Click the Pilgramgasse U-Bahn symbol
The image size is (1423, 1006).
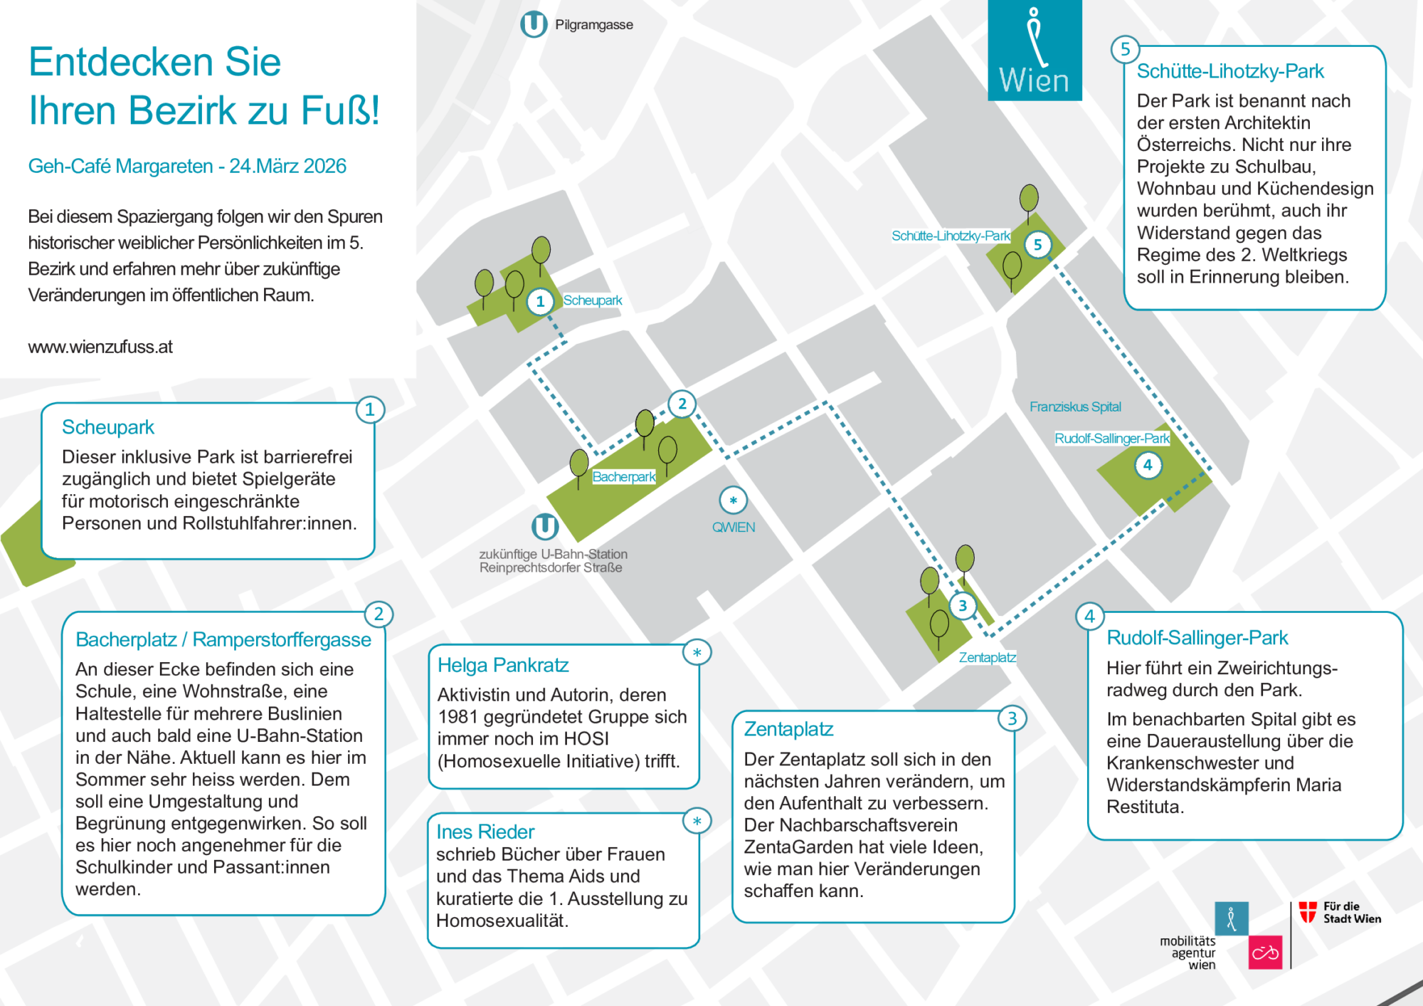click(534, 24)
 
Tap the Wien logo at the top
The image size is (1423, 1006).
click(1035, 51)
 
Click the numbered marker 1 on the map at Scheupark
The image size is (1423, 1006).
click(540, 301)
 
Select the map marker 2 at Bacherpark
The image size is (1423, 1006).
click(682, 404)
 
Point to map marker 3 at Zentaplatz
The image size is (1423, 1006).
click(963, 606)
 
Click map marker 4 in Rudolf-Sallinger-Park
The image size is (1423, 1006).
click(1147, 465)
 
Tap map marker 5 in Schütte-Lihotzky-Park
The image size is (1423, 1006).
click(1037, 245)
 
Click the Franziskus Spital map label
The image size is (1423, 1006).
click(1075, 407)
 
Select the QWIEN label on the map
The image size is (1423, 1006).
click(734, 528)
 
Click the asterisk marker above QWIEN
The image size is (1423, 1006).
click(733, 501)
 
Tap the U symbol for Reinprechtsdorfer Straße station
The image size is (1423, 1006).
click(545, 527)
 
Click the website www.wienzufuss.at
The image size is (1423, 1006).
click(100, 347)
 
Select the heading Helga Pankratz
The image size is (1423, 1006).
click(503, 665)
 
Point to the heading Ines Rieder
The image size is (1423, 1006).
click(485, 832)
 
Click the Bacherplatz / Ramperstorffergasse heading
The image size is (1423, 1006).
click(223, 639)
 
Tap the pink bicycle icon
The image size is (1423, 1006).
click(1265, 953)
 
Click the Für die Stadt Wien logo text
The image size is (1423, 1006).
click(1351, 913)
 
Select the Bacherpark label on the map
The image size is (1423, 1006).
click(624, 477)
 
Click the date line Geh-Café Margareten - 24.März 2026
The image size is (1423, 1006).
click(187, 166)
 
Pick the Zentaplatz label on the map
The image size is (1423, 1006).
click(987, 657)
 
